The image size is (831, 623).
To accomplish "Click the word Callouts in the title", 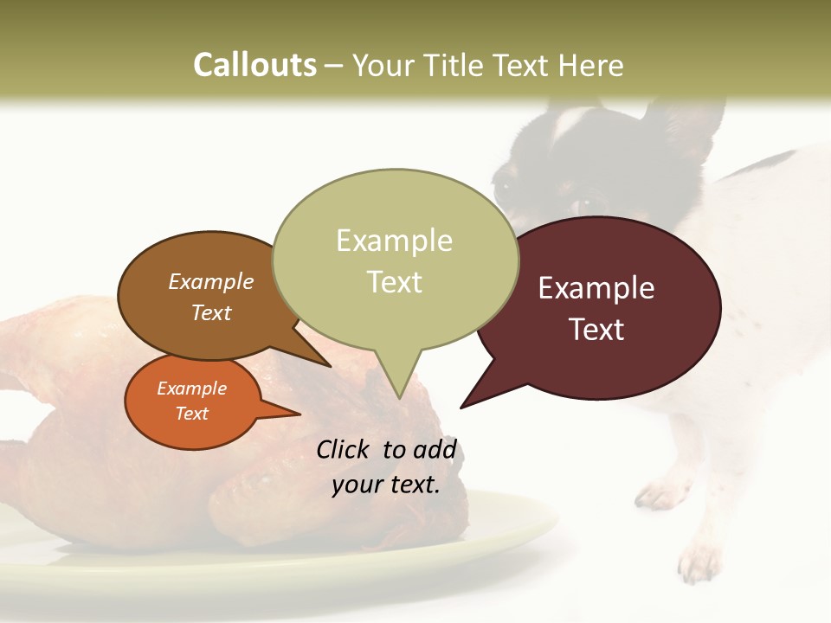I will click(x=254, y=65).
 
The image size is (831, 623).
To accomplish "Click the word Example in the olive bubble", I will click(x=394, y=241).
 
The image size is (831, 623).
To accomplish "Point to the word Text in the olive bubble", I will click(x=395, y=282).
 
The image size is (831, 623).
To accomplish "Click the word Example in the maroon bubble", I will click(x=596, y=288).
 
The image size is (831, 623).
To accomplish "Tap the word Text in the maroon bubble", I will click(x=597, y=330).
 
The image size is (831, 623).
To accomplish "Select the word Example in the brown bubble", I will click(x=211, y=281).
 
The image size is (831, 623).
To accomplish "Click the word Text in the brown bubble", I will click(x=211, y=312).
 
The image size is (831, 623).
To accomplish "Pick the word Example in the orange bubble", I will click(x=191, y=389).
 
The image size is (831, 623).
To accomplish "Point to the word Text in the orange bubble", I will click(x=191, y=414).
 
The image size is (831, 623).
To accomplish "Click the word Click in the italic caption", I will click(x=343, y=449).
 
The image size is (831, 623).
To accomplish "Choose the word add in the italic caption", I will click(x=435, y=449).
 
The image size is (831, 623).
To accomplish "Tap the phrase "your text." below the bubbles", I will click(x=386, y=485).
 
